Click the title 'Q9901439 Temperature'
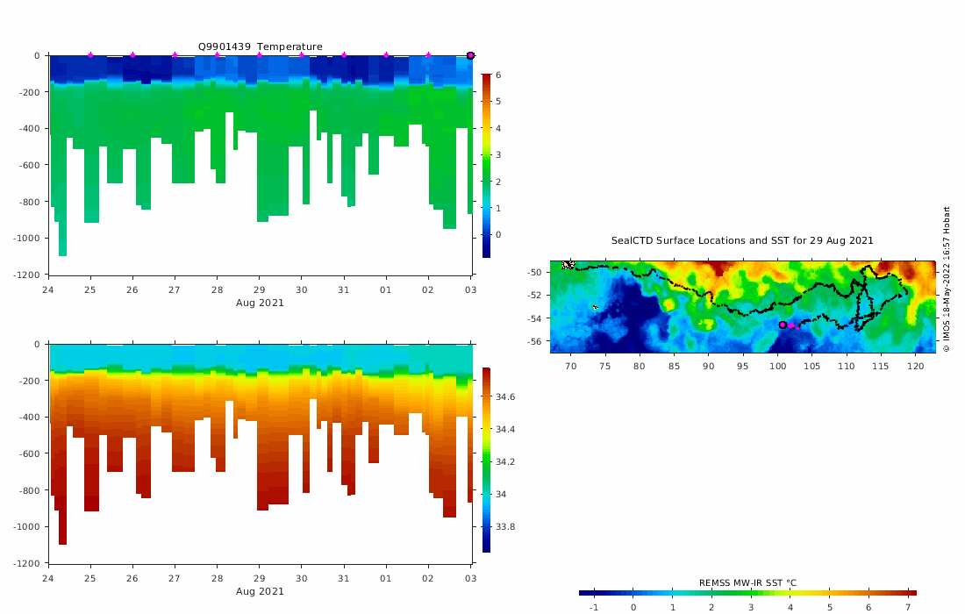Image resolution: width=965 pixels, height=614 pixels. (260, 46)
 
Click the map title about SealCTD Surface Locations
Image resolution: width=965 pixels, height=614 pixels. (742, 240)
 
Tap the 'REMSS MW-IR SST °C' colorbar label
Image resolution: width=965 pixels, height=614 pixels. (747, 583)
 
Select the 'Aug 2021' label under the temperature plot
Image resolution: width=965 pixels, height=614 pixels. (260, 303)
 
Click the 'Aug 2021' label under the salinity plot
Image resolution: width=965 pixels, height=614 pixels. (260, 591)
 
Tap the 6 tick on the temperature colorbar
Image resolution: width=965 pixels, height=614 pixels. (498, 75)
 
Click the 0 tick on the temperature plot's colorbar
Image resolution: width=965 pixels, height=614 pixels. (498, 235)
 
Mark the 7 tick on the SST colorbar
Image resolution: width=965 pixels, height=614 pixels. (907, 607)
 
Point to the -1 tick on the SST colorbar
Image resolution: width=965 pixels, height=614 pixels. (594, 607)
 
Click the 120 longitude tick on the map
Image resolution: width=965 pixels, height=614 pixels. (914, 365)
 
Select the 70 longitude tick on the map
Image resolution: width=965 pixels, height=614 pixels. (570, 365)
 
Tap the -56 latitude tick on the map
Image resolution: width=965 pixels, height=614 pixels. (536, 341)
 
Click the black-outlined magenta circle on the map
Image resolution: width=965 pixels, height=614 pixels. (783, 325)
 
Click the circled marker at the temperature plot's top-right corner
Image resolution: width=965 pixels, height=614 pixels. (470, 55)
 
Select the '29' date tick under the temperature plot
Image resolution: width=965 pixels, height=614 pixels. (259, 290)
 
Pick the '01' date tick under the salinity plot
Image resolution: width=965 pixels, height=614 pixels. (386, 579)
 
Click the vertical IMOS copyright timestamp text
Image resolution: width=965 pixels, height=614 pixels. (947, 279)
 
